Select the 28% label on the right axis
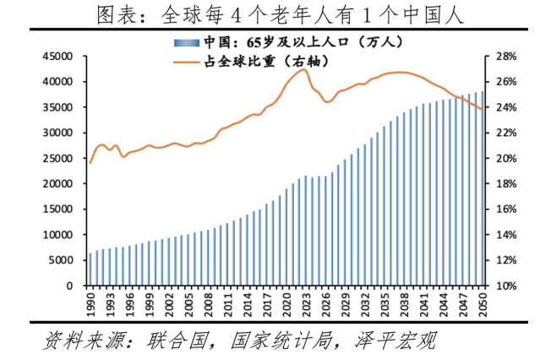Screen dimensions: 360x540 [x=503, y=57]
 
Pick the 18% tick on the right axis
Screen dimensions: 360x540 [x=503, y=184]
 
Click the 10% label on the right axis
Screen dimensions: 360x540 [x=503, y=286]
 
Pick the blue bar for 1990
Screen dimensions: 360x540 [x=90, y=270]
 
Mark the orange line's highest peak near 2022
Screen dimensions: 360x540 [x=302, y=69]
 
